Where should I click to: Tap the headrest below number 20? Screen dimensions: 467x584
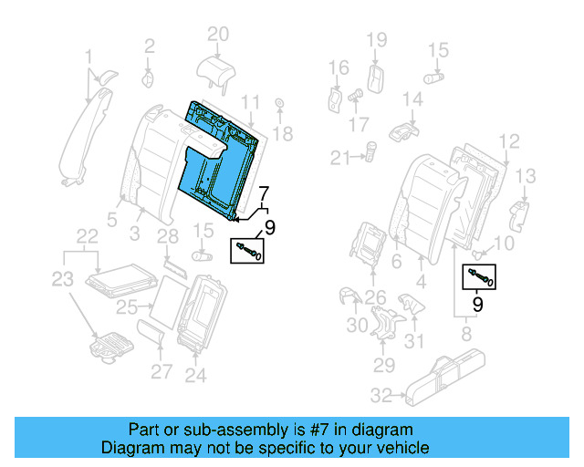(x=216, y=69)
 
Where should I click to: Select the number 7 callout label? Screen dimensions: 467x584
(x=264, y=193)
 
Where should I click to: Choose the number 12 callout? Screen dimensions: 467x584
(x=508, y=140)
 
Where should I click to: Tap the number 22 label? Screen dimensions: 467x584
(x=87, y=237)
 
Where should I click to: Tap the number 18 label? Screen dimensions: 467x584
(x=283, y=134)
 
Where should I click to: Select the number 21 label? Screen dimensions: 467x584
(x=340, y=159)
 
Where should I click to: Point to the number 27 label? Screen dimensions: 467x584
(x=162, y=371)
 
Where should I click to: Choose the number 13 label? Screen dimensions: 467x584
(x=527, y=175)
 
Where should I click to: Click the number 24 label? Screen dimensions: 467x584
(x=195, y=373)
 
